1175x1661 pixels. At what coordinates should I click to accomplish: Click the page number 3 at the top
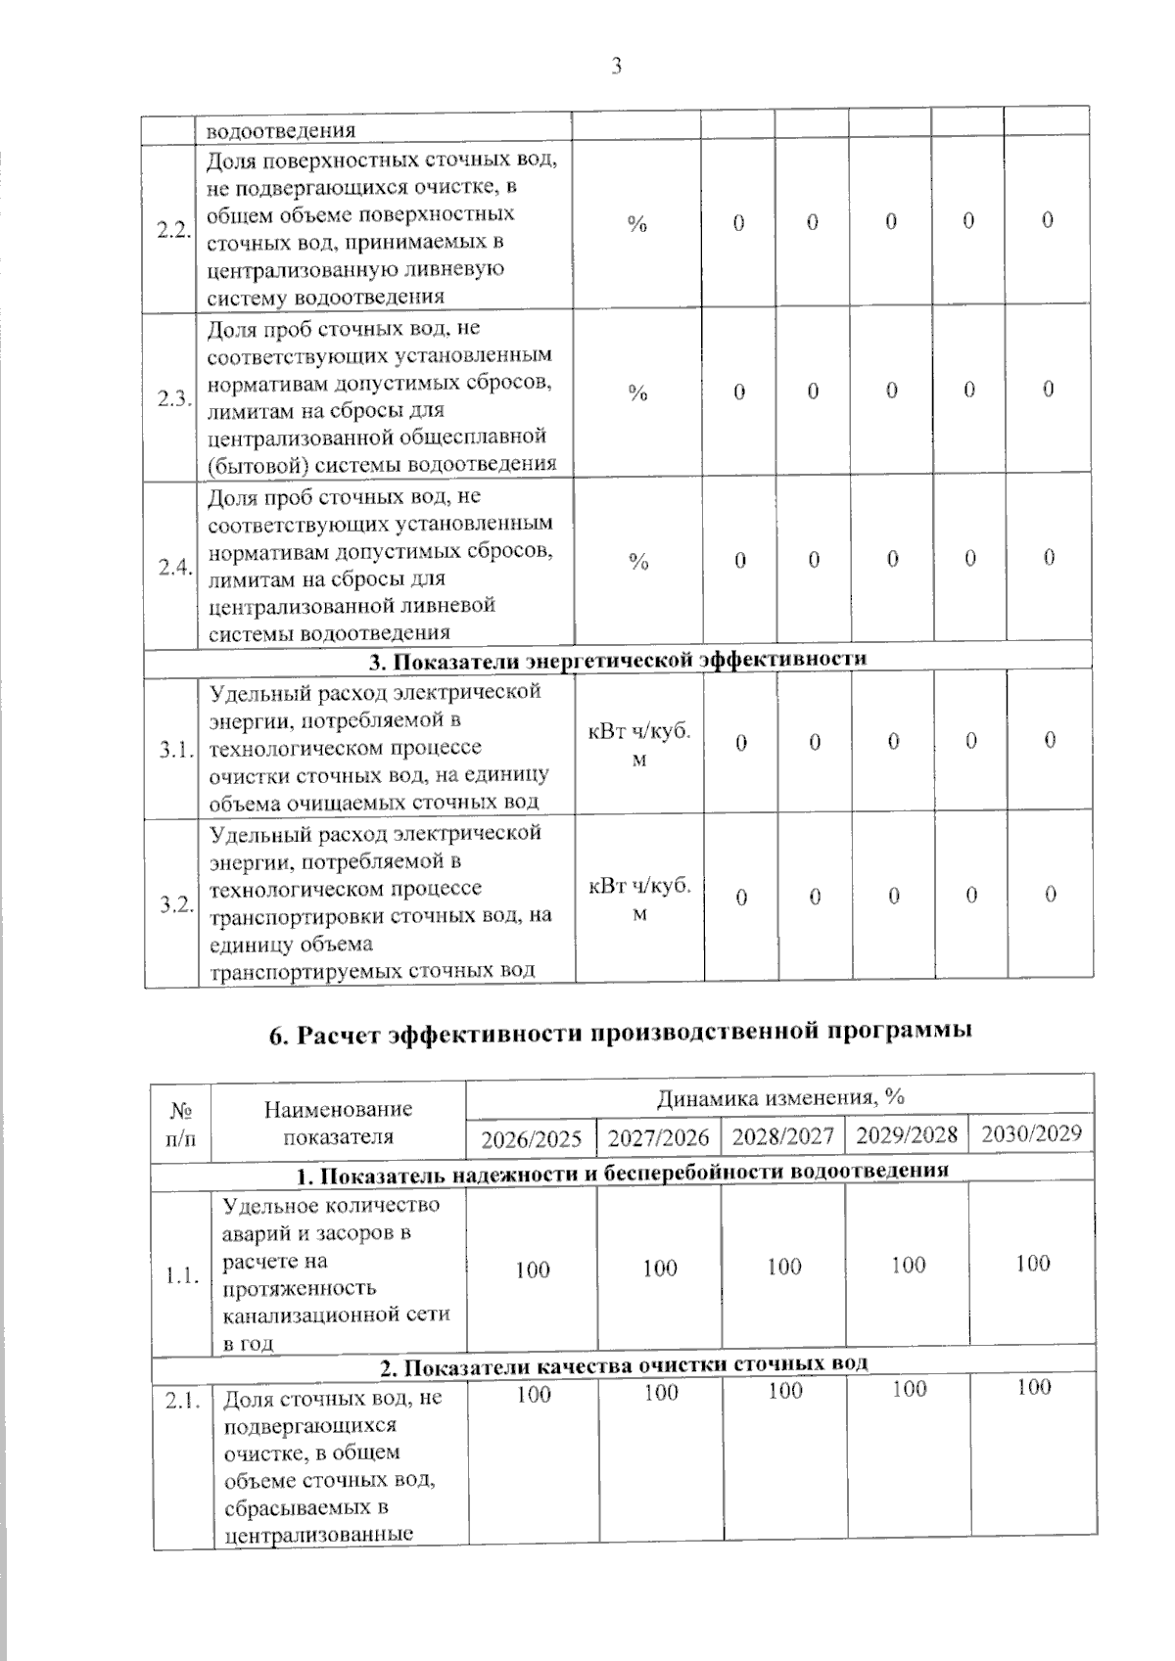coord(616,66)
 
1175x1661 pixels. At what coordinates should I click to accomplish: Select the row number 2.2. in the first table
coord(173,231)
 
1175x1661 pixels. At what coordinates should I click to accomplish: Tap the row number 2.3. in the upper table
coord(173,399)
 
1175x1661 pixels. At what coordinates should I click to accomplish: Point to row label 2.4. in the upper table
coord(174,568)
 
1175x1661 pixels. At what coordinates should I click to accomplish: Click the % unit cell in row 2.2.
coord(637,224)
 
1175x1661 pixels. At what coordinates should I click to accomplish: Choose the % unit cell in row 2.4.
coord(638,561)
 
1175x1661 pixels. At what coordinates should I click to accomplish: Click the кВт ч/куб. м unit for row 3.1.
coord(638,746)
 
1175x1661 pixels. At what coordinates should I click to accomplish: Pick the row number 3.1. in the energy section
coord(175,751)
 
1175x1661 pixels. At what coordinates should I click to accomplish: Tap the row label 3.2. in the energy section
coord(176,904)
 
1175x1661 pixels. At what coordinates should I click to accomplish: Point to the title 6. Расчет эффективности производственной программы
coord(621,1033)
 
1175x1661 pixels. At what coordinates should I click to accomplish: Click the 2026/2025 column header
coord(532,1139)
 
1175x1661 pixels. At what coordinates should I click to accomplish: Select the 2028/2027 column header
coord(783,1136)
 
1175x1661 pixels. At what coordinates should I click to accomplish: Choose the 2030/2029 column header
coord(1032,1133)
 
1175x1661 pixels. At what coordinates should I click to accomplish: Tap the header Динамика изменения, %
coord(780,1097)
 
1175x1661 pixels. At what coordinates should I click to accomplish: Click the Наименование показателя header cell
coord(339,1123)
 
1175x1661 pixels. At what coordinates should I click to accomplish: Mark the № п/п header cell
coord(181,1126)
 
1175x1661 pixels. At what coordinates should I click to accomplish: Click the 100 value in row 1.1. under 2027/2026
coord(660,1269)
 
